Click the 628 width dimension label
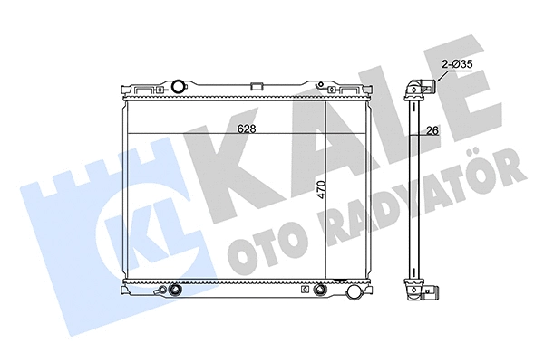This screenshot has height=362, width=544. (247, 129)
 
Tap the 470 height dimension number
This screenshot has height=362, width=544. (322, 189)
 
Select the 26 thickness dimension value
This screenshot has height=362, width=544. (432, 130)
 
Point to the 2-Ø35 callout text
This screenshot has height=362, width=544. (457, 64)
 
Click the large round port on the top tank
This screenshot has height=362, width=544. (179, 86)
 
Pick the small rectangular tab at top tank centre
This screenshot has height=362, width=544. (257, 86)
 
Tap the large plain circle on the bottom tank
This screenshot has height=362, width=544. (355, 291)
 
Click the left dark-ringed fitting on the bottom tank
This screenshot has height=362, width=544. (174, 290)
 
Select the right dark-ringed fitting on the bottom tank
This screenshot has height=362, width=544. (319, 290)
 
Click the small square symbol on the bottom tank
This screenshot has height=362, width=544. (305, 289)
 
